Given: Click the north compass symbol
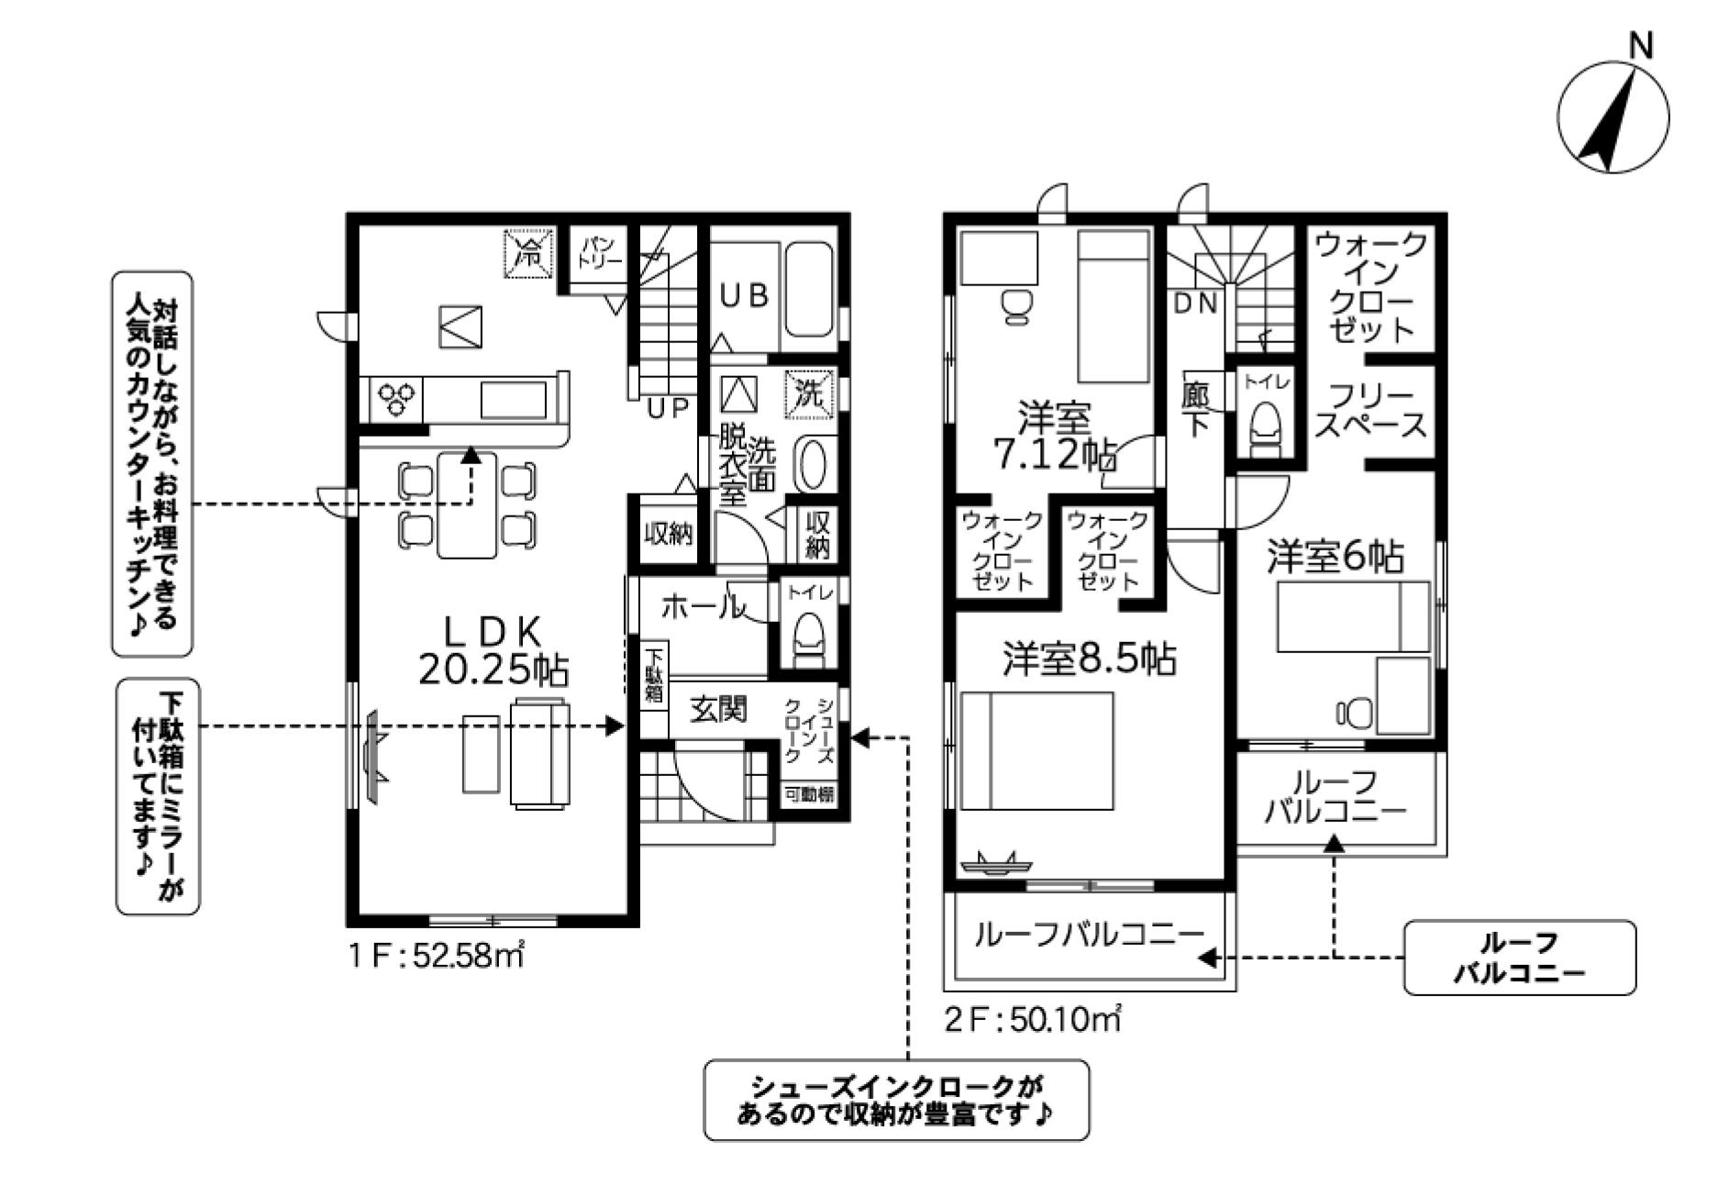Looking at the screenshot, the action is point(1613,116).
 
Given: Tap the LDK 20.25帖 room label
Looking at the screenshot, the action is point(493,650).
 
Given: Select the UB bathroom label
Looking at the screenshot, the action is point(744,295).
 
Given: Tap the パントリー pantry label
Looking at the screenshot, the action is point(601,252).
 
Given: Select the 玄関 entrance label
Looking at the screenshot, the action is point(718,709).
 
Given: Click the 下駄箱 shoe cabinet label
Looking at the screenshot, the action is point(654,676).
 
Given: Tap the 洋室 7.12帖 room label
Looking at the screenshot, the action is point(1054,437).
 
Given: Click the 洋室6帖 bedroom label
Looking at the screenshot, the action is point(1335,557).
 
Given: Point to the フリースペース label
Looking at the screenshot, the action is point(1370,412).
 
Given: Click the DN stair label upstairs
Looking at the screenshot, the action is point(1196,304).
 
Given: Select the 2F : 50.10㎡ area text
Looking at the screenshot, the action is point(1034,1019).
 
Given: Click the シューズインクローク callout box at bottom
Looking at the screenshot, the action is point(896,1101).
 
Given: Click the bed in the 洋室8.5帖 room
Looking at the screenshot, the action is point(1037,750).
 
